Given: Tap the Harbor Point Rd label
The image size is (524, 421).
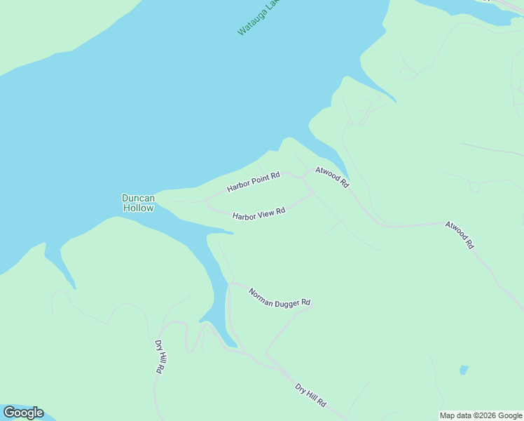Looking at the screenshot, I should pyautogui.click(x=254, y=182).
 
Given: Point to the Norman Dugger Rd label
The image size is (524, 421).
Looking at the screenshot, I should pyautogui.click(x=280, y=298).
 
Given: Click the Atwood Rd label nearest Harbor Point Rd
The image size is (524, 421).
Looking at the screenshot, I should pyautogui.click(x=332, y=177).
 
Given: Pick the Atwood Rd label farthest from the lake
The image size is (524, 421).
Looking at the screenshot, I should pyautogui.click(x=460, y=235).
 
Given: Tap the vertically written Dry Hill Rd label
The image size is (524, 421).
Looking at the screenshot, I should pyautogui.click(x=160, y=356).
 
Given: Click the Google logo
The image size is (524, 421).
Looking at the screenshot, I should pyautogui.click(x=23, y=413).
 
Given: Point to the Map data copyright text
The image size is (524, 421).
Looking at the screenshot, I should pyautogui.click(x=481, y=415).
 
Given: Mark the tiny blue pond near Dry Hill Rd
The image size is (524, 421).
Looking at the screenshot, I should pyautogui.click(x=463, y=370).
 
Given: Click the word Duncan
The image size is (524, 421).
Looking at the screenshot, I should pyautogui.click(x=138, y=198).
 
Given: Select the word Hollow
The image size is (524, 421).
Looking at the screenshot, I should pyautogui.click(x=138, y=208).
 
